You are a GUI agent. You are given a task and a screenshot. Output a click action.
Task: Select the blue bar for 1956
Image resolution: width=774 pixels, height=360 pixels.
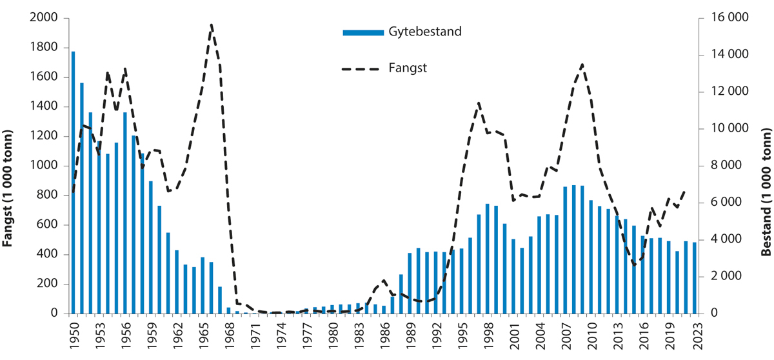tap(125, 213)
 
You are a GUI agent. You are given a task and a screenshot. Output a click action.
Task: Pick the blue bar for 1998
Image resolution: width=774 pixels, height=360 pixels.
tap(487, 259)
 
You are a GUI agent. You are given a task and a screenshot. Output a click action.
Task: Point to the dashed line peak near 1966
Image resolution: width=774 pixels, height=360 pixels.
tap(211, 25)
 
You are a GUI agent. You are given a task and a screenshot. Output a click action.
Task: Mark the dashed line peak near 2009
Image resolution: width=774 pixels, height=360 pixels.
tap(582, 64)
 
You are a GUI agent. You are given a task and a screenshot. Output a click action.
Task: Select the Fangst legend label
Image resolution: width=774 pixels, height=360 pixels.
tap(408, 67)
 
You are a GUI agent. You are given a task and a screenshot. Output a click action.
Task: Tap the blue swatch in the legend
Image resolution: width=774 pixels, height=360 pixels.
tap(362, 32)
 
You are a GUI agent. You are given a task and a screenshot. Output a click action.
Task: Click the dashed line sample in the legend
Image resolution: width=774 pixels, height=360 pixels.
tap(362, 67)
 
